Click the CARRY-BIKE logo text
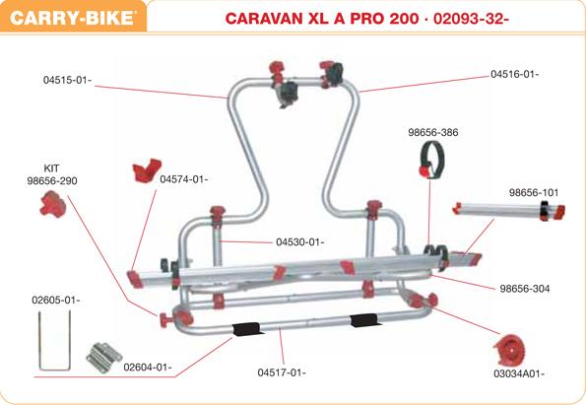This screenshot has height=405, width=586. [x=73, y=18]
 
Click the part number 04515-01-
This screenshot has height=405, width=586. [x=67, y=80]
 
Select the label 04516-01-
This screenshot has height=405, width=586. [x=515, y=74]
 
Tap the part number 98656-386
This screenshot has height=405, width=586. [x=432, y=132]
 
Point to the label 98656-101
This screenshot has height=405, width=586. [x=534, y=192]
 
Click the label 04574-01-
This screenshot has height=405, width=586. [x=184, y=179]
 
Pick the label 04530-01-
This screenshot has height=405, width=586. [x=300, y=242]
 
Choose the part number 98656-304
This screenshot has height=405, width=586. [x=525, y=289]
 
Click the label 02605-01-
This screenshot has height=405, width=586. [x=56, y=300]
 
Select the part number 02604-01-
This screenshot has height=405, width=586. [x=148, y=368]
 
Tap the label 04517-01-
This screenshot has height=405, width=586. [x=282, y=372]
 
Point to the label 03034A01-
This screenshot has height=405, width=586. [x=519, y=373]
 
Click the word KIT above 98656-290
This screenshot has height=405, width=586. [x=51, y=169]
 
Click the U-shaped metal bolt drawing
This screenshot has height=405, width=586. [x=40, y=340]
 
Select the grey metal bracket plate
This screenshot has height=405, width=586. [x=103, y=357]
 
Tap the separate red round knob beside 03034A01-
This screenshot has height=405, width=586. [x=510, y=350]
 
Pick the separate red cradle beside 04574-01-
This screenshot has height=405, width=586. [x=147, y=170]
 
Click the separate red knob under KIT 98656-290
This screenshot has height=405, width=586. [x=53, y=204]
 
